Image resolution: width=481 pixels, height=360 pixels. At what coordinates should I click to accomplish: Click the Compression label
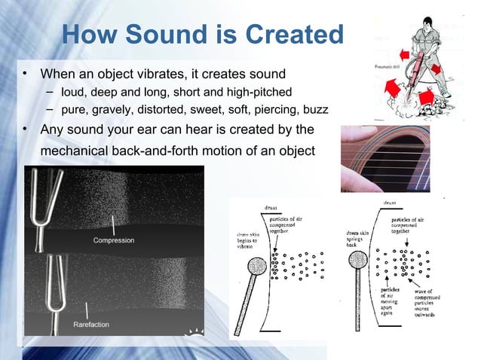pos(114,240)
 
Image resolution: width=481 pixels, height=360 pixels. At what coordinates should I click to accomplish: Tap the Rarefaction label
pos(91,325)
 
